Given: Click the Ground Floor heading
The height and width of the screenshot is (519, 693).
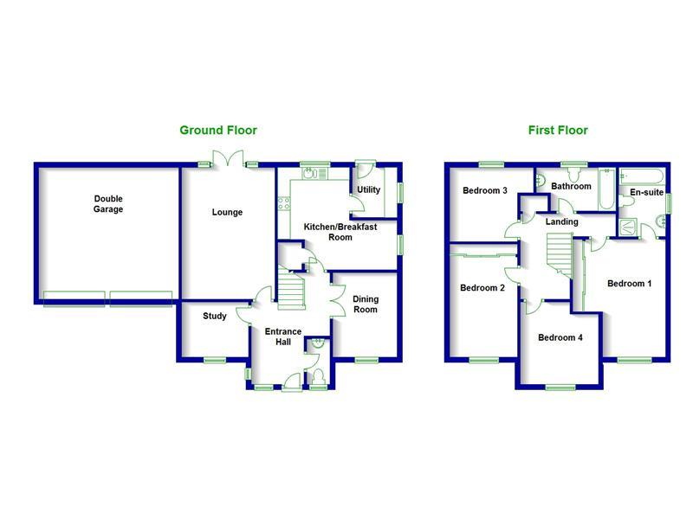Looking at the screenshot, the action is pyautogui.click(x=217, y=131).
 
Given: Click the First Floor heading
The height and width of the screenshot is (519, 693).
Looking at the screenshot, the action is pyautogui.click(x=558, y=131).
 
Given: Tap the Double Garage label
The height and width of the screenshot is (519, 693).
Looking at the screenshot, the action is pyautogui.click(x=108, y=204).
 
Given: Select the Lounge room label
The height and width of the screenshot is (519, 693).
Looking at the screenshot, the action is pyautogui.click(x=228, y=212).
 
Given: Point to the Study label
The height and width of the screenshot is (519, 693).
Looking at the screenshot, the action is pyautogui.click(x=214, y=317).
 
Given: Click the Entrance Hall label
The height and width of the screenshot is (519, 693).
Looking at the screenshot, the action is pyautogui.click(x=282, y=336).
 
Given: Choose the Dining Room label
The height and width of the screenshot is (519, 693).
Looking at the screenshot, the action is pyautogui.click(x=366, y=304).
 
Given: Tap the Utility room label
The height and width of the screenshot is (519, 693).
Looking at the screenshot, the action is pyautogui.click(x=368, y=190).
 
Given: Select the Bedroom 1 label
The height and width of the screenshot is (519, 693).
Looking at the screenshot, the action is pyautogui.click(x=629, y=284).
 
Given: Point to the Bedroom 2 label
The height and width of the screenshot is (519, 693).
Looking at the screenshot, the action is pyautogui.click(x=482, y=288).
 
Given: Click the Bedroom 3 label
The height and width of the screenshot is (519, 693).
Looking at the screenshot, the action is pyautogui.click(x=484, y=191).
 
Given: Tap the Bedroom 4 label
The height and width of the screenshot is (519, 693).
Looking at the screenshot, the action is pyautogui.click(x=560, y=337).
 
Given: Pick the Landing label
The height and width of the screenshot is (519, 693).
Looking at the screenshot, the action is pyautogui.click(x=561, y=221).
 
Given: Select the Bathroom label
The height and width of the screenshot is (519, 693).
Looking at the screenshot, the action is pyautogui.click(x=571, y=186).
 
